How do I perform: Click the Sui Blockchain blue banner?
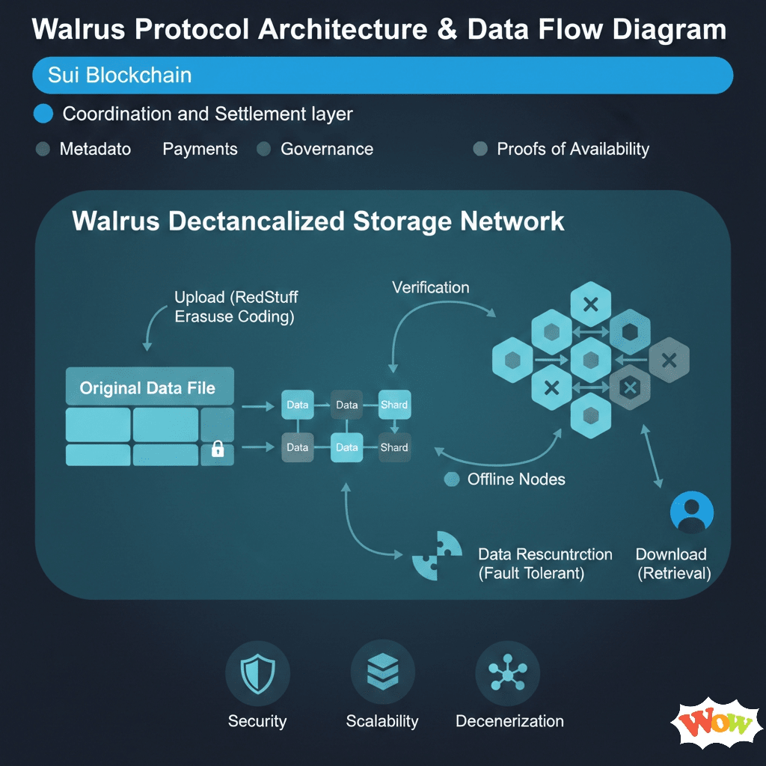click(x=382, y=76)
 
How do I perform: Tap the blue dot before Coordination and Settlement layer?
click(x=44, y=114)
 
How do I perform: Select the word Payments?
click(x=200, y=149)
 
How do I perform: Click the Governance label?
click(x=326, y=149)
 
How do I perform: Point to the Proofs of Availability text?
click(x=572, y=149)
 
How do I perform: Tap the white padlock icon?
click(x=218, y=449)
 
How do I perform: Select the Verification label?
click(x=430, y=287)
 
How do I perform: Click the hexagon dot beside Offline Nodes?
click(x=451, y=479)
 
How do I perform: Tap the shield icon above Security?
click(x=257, y=674)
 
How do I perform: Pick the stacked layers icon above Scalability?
click(x=382, y=674)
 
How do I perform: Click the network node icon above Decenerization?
click(x=508, y=674)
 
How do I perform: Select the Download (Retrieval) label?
click(x=672, y=564)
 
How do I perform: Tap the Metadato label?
click(x=95, y=149)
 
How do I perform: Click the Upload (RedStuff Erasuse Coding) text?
click(x=234, y=307)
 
